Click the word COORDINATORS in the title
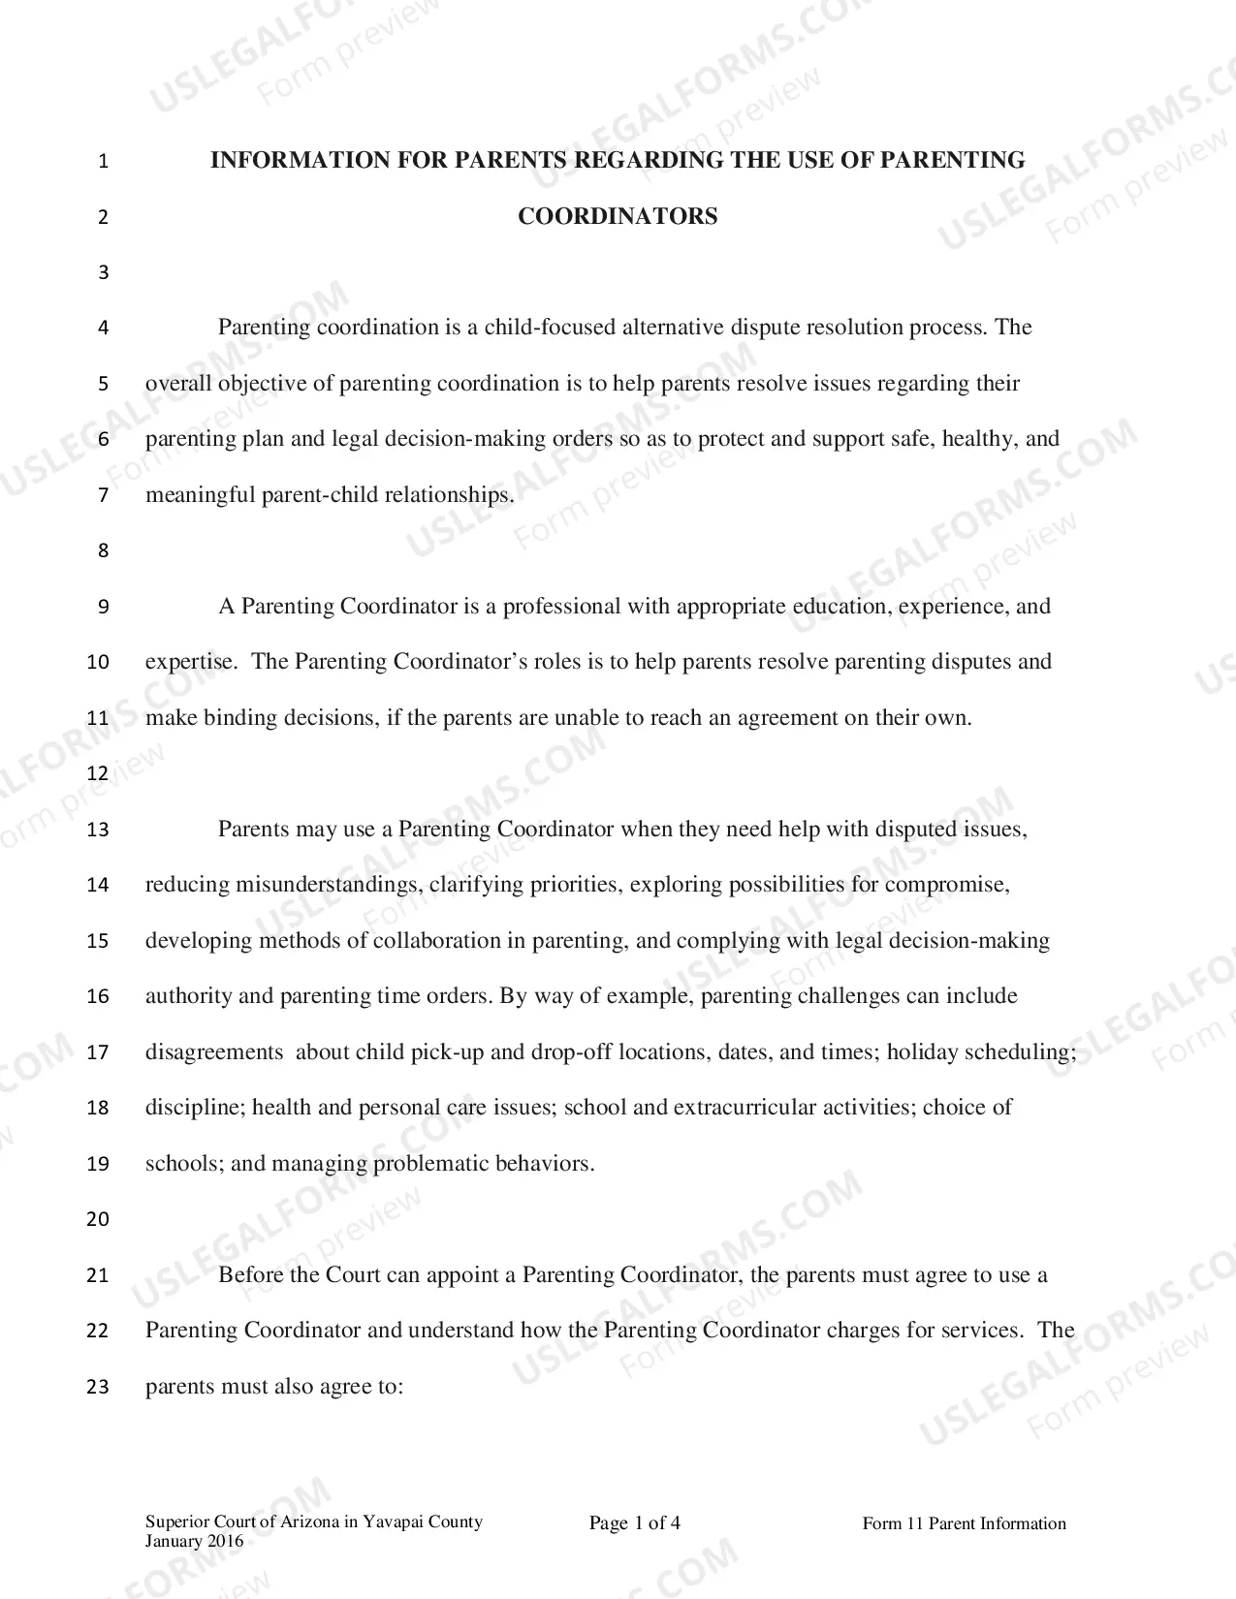(618, 216)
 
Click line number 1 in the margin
(104, 162)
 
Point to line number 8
(104, 551)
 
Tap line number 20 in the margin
(98, 1220)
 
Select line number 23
(98, 1387)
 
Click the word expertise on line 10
(189, 662)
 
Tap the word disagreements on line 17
(214, 1052)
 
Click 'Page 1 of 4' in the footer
(635, 1523)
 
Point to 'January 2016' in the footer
(195, 1542)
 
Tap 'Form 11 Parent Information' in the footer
(964, 1524)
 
